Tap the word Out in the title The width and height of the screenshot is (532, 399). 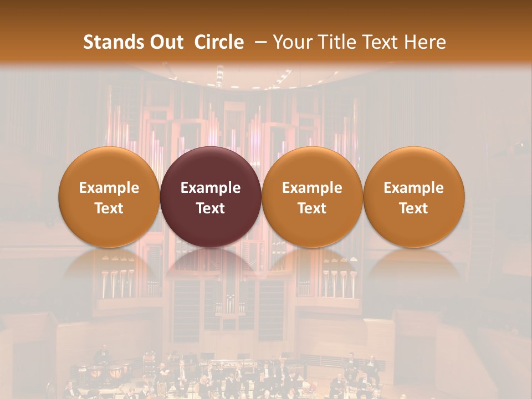pyautogui.click(x=165, y=42)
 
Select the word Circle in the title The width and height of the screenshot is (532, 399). pyautogui.click(x=219, y=42)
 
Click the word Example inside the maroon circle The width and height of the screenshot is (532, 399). pyautogui.click(x=211, y=188)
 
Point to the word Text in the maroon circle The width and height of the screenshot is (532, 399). pyautogui.click(x=211, y=208)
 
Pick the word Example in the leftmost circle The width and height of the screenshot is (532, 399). pyautogui.click(x=109, y=188)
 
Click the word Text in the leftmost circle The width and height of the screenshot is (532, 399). pyautogui.click(x=109, y=208)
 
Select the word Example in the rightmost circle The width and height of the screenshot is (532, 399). pyautogui.click(x=413, y=188)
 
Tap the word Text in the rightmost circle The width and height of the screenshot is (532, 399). pyautogui.click(x=413, y=208)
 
